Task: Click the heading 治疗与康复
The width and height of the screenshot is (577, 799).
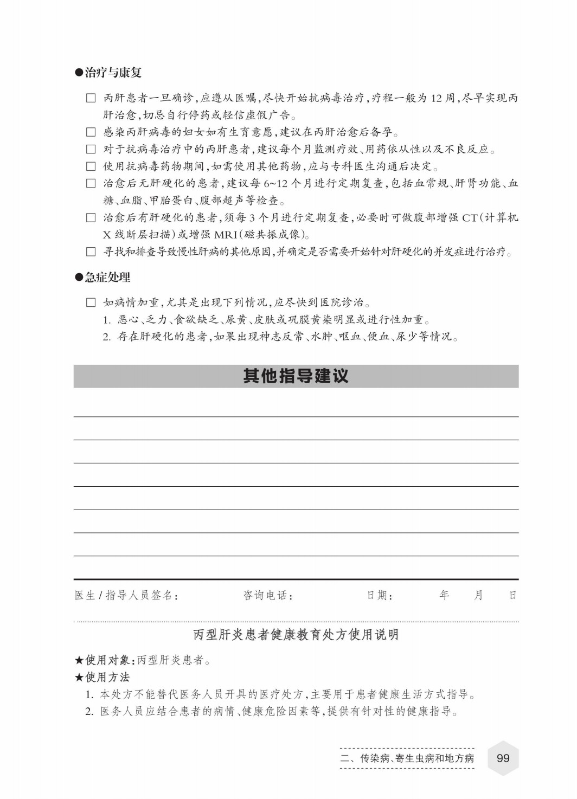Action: pyautogui.click(x=113, y=73)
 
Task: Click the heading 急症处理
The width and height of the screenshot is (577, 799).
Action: pyautogui.click(x=107, y=278)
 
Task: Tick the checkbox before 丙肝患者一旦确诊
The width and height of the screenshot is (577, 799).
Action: pyautogui.click(x=91, y=98)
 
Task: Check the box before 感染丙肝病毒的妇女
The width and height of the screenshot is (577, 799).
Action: pyautogui.click(x=91, y=132)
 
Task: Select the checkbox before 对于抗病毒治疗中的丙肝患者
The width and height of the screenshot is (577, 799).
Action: pyautogui.click(x=91, y=149)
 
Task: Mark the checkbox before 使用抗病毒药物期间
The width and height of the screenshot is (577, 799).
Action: pyautogui.click(x=91, y=166)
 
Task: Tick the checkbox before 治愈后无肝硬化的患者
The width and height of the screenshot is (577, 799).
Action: pyautogui.click(x=91, y=183)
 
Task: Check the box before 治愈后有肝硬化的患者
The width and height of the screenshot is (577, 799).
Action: pyautogui.click(x=91, y=218)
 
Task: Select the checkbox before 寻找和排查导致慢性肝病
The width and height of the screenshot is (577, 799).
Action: pyautogui.click(x=91, y=252)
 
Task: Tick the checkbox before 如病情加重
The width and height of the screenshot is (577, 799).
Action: pyautogui.click(x=91, y=302)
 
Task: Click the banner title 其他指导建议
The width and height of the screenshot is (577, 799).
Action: pyautogui.click(x=296, y=376)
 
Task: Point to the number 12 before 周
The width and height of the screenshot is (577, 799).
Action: pyautogui.click(x=437, y=98)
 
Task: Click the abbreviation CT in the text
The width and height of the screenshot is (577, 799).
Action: pyautogui.click(x=469, y=218)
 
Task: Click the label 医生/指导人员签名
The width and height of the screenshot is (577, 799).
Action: pyautogui.click(x=126, y=595)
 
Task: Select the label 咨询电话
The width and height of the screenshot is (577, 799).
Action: pyautogui.click(x=267, y=595)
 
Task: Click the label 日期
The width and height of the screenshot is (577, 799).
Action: pyautogui.click(x=379, y=595)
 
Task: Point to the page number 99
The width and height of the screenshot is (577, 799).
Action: pyautogui.click(x=503, y=758)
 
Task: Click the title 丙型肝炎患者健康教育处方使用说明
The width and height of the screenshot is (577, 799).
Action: pyautogui.click(x=296, y=634)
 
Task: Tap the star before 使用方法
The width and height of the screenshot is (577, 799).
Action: pyautogui.click(x=79, y=677)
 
